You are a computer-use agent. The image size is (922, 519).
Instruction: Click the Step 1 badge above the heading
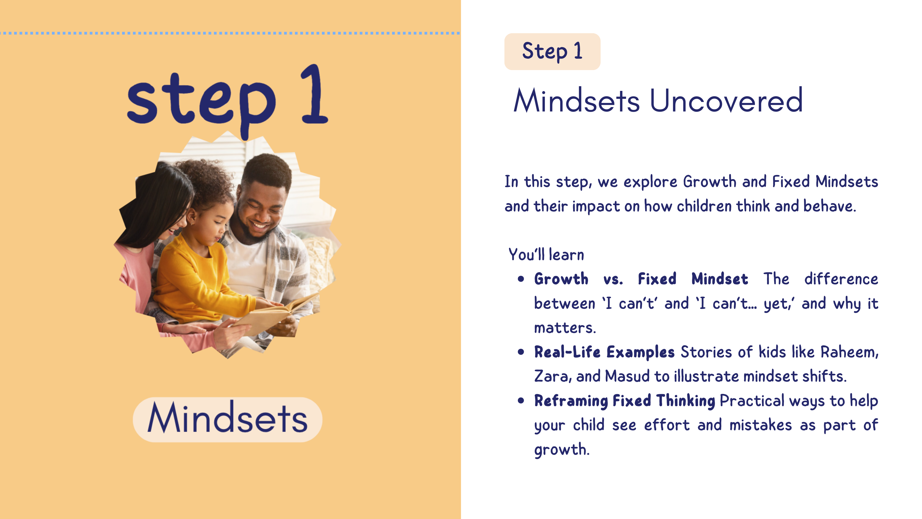coord(552,51)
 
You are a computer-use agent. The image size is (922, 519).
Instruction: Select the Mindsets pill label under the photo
coord(228,419)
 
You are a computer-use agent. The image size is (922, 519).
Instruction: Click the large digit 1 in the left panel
coord(314,94)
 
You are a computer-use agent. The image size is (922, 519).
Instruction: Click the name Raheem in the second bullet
coord(849,352)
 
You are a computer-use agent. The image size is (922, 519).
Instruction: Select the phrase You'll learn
coord(546,255)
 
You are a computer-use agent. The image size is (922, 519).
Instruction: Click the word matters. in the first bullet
coord(565,328)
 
